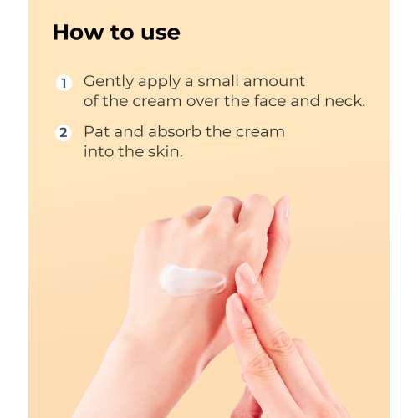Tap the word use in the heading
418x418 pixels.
pyautogui.click(x=159, y=33)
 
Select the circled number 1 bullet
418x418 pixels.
pyautogui.click(x=64, y=83)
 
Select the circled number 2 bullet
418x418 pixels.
pyautogui.click(x=64, y=133)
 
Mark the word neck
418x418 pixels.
pyautogui.click(x=344, y=102)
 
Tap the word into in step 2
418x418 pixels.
pyautogui.click(x=99, y=152)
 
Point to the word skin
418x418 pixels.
pyautogui.click(x=167, y=152)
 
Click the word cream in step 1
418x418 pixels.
pyautogui.click(x=162, y=102)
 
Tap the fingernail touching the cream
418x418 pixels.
pyautogui.click(x=248, y=274)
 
